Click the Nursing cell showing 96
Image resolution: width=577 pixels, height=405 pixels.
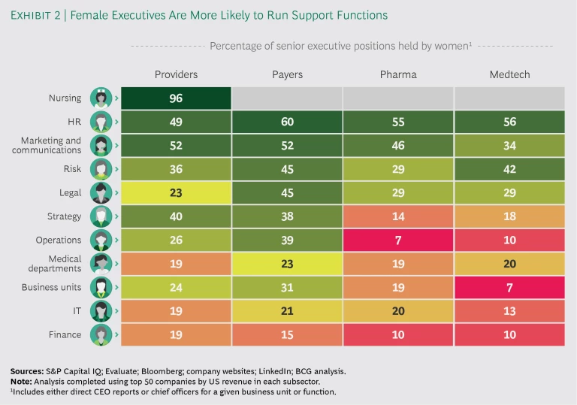[x=175, y=98]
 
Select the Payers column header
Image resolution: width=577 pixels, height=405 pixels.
[x=287, y=74]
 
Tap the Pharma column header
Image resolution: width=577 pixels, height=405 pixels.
[x=398, y=74]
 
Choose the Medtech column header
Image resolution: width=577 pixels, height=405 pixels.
[x=509, y=74]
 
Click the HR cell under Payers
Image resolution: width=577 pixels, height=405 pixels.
[x=287, y=122]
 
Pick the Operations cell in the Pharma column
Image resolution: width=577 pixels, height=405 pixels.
[x=398, y=240]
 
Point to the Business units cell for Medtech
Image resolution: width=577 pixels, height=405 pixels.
[x=509, y=287]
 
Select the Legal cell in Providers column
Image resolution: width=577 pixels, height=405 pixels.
[x=175, y=192]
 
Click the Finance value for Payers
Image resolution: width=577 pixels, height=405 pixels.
[x=287, y=334]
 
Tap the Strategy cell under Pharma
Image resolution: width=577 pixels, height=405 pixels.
[x=398, y=216]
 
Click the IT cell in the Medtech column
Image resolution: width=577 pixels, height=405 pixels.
[x=509, y=310]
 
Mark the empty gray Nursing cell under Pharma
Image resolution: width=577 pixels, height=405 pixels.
[x=398, y=98]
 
